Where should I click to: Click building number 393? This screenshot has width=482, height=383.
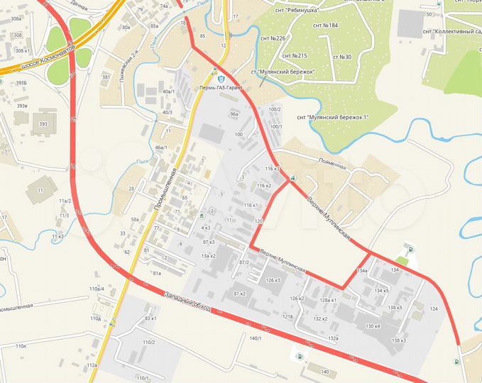(x=43, y=124)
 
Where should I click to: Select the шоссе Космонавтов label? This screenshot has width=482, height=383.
(x=46, y=56)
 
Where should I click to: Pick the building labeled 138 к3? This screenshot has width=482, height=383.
(x=398, y=341)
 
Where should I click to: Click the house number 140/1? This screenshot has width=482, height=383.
(x=256, y=338)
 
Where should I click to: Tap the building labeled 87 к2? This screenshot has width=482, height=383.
(x=239, y=293)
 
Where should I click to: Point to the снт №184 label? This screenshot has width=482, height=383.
(x=325, y=26)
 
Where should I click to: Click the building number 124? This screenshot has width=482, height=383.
(x=434, y=309)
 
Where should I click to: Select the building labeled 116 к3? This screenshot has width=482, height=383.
(x=273, y=169)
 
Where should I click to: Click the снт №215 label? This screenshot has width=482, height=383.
(x=294, y=55)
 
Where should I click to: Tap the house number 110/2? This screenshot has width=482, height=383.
(x=148, y=343)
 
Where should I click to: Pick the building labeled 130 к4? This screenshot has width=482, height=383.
(x=373, y=326)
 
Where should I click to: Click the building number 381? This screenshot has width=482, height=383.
(x=107, y=77)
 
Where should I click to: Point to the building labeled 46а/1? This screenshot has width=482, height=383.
(x=160, y=148)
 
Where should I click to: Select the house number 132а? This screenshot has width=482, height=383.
(x=334, y=339)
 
